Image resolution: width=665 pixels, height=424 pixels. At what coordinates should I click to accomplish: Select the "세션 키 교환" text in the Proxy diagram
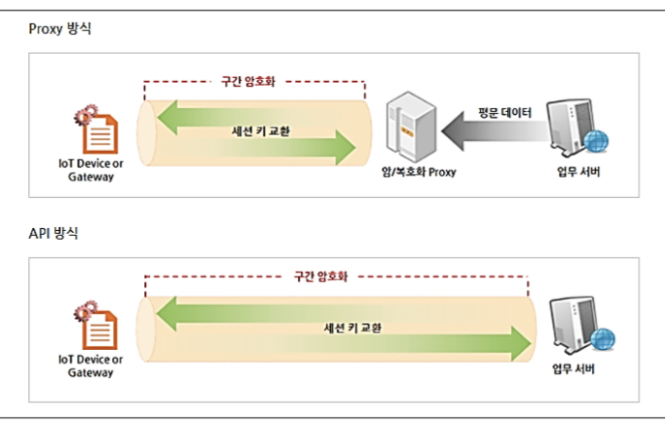click(258, 131)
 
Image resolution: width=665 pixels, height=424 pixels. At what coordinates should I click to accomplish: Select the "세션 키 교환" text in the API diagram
click(351, 327)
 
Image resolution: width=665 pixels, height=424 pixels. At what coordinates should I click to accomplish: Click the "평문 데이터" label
click(504, 113)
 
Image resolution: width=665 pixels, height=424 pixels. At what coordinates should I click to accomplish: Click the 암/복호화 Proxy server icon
click(406, 128)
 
